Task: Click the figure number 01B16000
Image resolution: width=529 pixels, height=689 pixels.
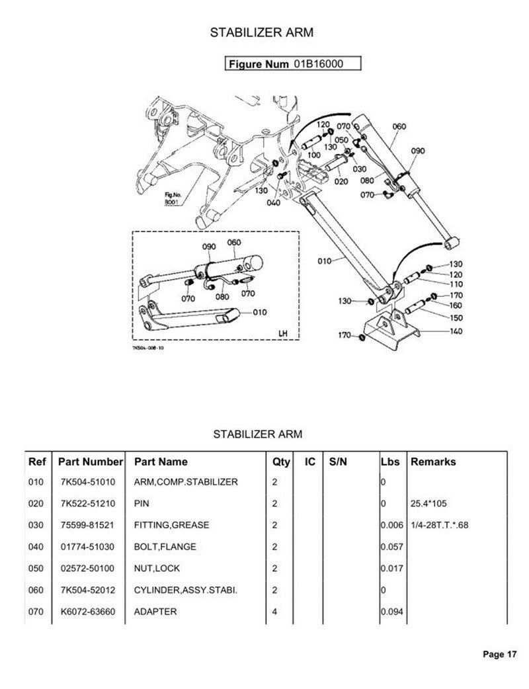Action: [x=319, y=64]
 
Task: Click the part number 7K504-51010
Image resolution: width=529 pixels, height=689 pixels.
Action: [x=87, y=481]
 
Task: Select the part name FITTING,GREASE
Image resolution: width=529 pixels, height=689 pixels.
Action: [x=171, y=525]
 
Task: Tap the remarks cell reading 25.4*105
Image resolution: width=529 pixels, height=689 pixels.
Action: [x=430, y=503]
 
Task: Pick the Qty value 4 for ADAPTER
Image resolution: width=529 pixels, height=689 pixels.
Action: [x=275, y=612]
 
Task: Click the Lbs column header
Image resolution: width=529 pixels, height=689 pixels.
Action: [x=390, y=462]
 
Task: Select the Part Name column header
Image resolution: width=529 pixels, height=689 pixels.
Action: [x=161, y=462]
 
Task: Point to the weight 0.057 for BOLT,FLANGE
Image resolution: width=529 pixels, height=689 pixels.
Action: [x=392, y=547]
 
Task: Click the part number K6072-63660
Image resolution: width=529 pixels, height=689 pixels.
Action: [x=87, y=612]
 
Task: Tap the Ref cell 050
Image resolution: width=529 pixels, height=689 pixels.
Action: [x=36, y=568]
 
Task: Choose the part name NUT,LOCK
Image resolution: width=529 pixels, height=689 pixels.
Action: [x=157, y=568]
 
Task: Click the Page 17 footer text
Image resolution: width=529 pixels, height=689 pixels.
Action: [x=499, y=655]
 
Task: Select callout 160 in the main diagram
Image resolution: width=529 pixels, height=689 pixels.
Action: [x=438, y=305]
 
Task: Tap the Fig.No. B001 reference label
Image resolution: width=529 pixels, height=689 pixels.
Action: [x=173, y=198]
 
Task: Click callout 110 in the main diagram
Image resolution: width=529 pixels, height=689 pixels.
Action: [x=438, y=284]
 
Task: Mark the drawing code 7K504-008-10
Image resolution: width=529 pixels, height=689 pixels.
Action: [x=148, y=348]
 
